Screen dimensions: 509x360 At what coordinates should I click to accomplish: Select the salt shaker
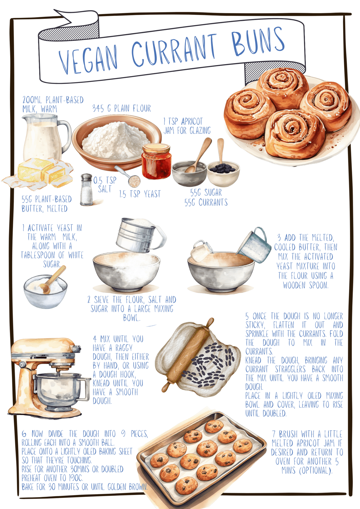point(86,190)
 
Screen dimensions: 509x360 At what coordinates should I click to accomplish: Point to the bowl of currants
point(223,173)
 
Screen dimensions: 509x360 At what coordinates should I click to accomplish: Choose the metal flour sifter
point(138,235)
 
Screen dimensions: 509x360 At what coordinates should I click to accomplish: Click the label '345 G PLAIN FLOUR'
point(121,108)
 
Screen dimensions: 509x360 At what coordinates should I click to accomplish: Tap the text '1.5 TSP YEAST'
point(140,194)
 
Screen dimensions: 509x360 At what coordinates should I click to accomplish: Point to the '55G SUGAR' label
point(206,192)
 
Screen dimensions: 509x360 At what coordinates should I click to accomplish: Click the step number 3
point(279,238)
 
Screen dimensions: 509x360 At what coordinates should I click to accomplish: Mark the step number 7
point(274,434)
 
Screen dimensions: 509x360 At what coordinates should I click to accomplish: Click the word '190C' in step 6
point(76,478)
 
